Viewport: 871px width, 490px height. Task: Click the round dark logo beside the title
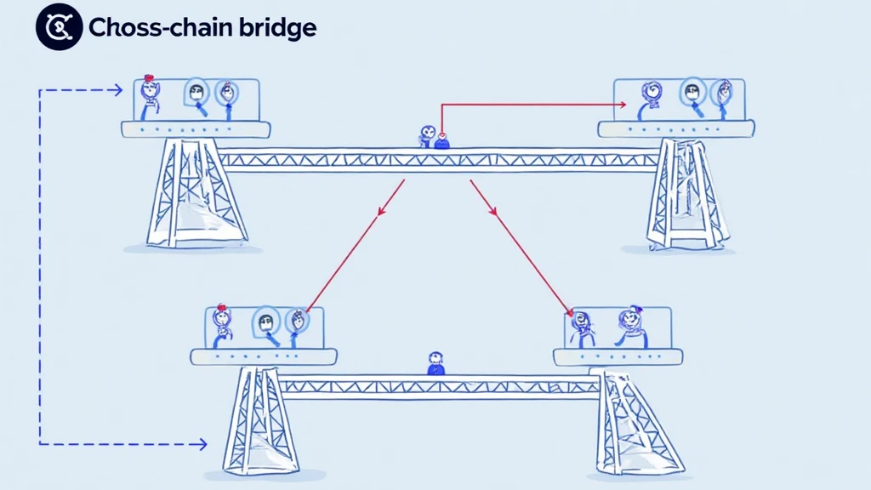point(59,27)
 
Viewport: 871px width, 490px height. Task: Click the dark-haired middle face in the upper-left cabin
point(197,94)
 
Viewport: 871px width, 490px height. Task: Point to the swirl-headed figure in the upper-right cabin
point(652,94)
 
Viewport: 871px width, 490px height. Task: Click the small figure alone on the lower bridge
point(435,362)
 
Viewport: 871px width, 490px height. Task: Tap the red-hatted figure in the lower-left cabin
point(223,322)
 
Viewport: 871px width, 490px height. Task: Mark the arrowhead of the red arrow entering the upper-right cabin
point(623,105)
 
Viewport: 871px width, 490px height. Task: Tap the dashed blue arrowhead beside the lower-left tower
point(202,443)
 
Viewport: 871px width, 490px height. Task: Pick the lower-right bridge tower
point(638,421)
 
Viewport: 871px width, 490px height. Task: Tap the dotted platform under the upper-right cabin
point(675,128)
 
